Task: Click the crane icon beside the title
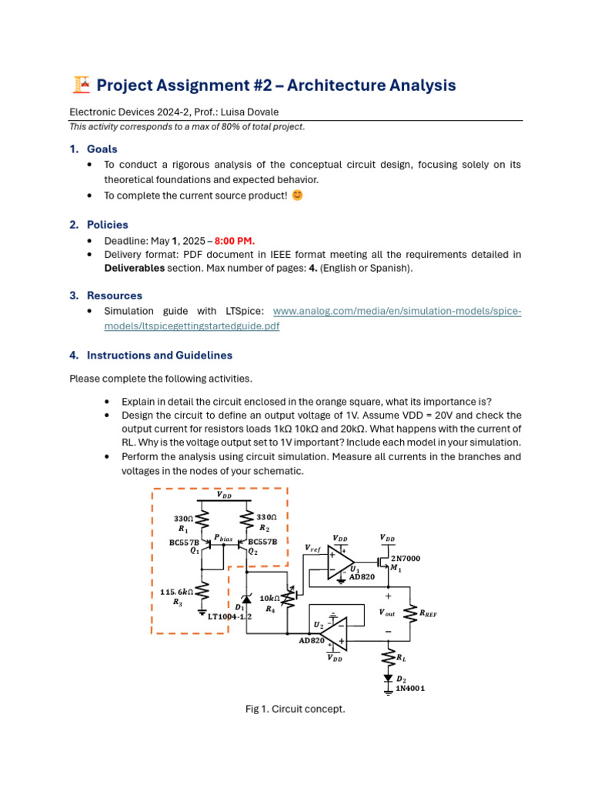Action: pyautogui.click(x=80, y=85)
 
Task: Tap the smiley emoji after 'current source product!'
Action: pyautogui.click(x=298, y=195)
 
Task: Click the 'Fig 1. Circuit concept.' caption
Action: pyautogui.click(x=295, y=709)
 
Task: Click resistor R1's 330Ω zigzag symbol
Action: pyautogui.click(x=202, y=523)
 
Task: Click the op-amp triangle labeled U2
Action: pyautogui.click(x=332, y=633)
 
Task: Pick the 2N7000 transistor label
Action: pyautogui.click(x=406, y=557)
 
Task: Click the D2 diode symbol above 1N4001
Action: pyautogui.click(x=387, y=678)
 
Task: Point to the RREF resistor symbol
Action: pyautogui.click(x=409, y=613)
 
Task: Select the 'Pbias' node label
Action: pyautogui.click(x=222, y=539)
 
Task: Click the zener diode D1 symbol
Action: pyautogui.click(x=246, y=599)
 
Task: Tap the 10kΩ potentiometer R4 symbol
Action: pyautogui.click(x=289, y=597)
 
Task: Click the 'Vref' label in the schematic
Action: pyautogui.click(x=312, y=548)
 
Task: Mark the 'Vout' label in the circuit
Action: pyautogui.click(x=387, y=613)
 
